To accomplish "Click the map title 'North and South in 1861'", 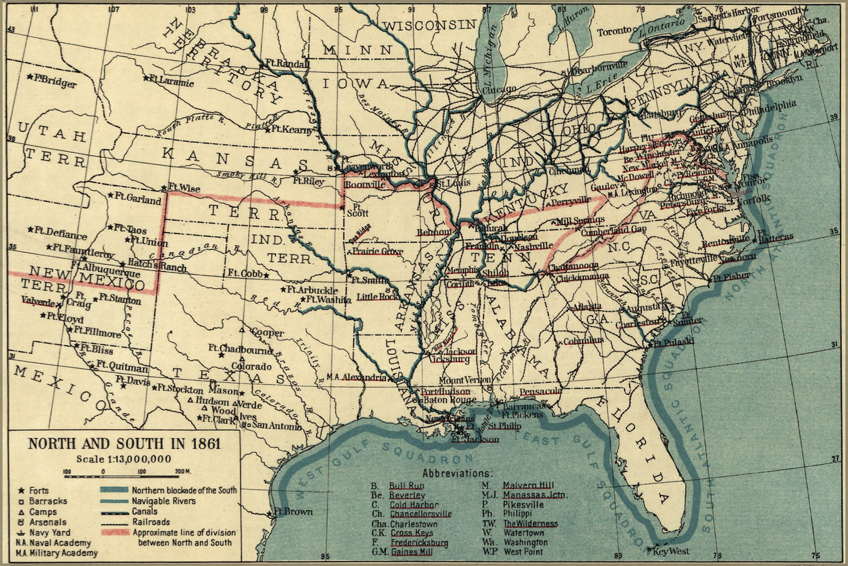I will tap(124, 443).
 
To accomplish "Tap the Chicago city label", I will tap(499, 89).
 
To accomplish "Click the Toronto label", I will tap(614, 31).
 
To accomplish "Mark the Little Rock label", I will tap(376, 296).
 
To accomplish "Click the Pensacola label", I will tap(540, 392).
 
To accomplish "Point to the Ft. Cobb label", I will tap(245, 273).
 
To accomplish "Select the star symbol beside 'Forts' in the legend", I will tap(21, 490).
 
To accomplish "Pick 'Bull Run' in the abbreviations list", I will tap(406, 486).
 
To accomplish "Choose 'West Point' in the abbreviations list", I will tap(523, 551).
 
